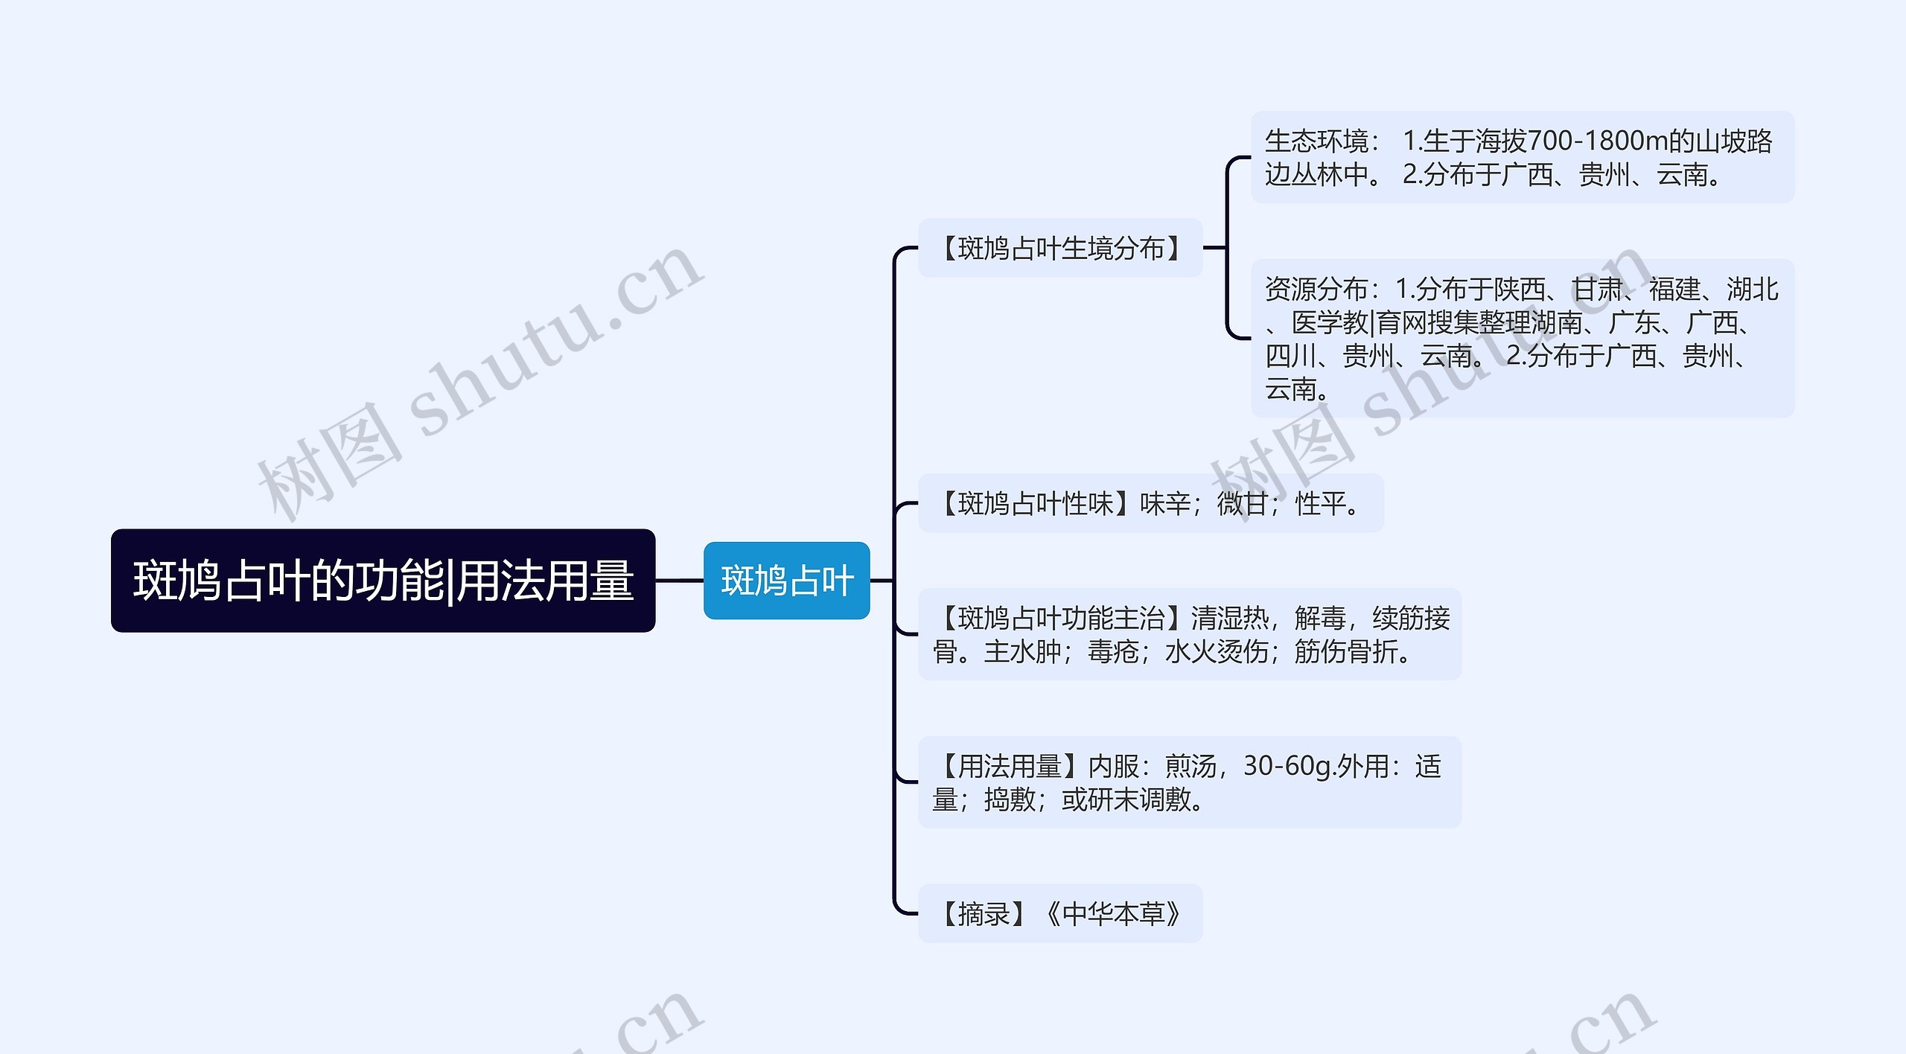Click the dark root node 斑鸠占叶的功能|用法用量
click(383, 581)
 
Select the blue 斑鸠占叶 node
click(786, 581)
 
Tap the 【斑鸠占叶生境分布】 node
click(1059, 248)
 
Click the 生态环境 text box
click(1522, 157)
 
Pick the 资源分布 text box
click(1522, 339)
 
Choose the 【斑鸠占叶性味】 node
click(1150, 503)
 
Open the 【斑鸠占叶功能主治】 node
click(1189, 634)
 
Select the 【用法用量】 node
click(1189, 782)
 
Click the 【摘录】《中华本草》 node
click(1059, 913)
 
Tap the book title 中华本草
click(1113, 913)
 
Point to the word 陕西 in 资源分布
click(1520, 289)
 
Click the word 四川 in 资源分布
click(1291, 356)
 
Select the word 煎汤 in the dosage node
click(1190, 766)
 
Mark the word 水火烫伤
click(1217, 651)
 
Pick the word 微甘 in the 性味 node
click(1243, 504)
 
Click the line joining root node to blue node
click(679, 581)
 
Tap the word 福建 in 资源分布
click(1674, 289)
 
